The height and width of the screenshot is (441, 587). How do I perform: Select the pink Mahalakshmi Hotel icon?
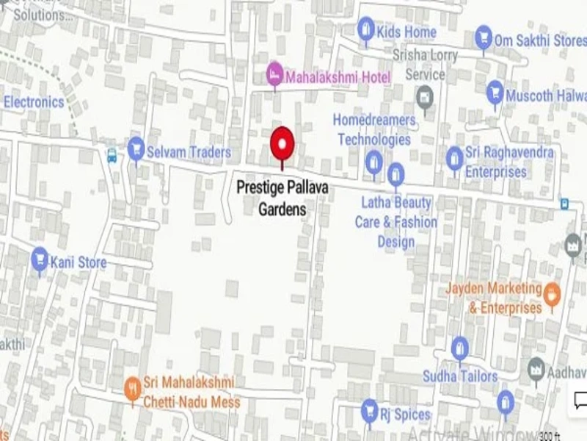click(x=274, y=73)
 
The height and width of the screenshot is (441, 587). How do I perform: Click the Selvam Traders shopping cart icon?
click(x=136, y=149)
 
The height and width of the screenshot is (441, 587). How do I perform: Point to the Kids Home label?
click(x=406, y=32)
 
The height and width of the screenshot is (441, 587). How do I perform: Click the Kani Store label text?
click(x=78, y=262)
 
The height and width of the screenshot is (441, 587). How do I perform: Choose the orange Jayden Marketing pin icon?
click(x=553, y=295)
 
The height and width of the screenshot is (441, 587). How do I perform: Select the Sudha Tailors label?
click(x=460, y=376)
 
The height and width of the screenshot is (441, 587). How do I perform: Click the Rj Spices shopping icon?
click(x=369, y=410)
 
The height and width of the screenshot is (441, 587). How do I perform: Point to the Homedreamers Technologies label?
click(x=374, y=129)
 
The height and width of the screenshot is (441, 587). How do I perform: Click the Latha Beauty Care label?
click(x=396, y=221)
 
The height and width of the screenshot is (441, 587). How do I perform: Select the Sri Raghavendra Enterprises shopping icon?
click(x=455, y=157)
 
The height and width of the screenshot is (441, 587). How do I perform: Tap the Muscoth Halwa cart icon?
click(x=495, y=93)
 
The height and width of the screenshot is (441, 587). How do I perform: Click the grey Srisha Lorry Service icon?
click(x=424, y=96)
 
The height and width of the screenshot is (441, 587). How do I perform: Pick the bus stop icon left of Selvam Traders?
click(x=112, y=156)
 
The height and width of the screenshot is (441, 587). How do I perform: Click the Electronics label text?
click(x=34, y=101)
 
